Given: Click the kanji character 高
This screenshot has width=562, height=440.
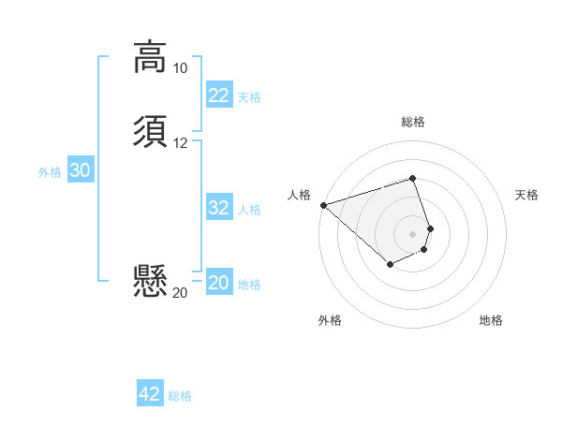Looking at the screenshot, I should pyautogui.click(x=150, y=57).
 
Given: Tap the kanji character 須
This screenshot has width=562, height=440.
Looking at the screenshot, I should pyautogui.click(x=150, y=132).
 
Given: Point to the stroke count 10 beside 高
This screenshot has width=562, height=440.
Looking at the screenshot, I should pyautogui.click(x=180, y=68).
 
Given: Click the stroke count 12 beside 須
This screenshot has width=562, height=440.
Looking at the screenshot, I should pyautogui.click(x=180, y=143).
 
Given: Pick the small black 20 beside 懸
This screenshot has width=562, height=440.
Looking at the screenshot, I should pyautogui.click(x=180, y=293).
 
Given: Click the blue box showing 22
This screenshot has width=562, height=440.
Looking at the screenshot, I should pyautogui.click(x=219, y=95).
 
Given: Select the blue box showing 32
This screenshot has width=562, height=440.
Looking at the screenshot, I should pyautogui.click(x=219, y=208).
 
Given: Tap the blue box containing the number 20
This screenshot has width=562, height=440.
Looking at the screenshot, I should pyautogui.click(x=219, y=283).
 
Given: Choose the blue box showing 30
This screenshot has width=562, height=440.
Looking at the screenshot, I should pyautogui.click(x=80, y=170).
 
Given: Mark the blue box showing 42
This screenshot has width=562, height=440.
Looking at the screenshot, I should pyautogui.click(x=150, y=394).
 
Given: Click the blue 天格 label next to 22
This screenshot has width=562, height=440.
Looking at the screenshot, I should pyautogui.click(x=249, y=96).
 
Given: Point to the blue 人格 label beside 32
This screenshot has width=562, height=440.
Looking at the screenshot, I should pyautogui.click(x=249, y=209).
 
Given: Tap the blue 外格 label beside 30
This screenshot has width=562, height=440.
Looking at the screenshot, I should pyautogui.click(x=50, y=171).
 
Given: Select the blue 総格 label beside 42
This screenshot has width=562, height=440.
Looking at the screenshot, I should pyautogui.click(x=180, y=396).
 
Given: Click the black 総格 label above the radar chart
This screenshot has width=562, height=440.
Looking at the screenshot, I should pyautogui.click(x=413, y=122).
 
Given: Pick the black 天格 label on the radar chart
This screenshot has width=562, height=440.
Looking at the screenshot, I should pyautogui.click(x=527, y=195).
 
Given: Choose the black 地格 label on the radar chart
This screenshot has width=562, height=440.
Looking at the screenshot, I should pyautogui.click(x=491, y=320).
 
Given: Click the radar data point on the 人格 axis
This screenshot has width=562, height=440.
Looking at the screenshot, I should pyautogui.click(x=323, y=204).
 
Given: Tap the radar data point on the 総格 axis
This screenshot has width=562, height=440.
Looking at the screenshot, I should pyautogui.click(x=413, y=178).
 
